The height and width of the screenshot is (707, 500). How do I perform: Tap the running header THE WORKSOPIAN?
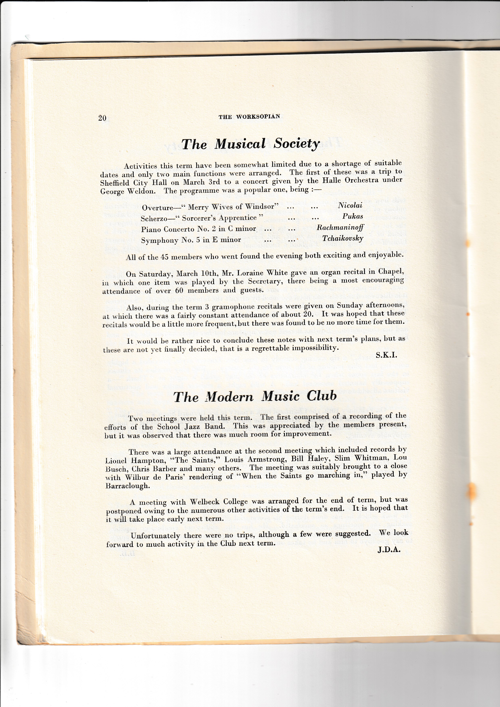coord(249,117)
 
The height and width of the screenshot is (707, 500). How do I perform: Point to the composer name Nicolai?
coord(350,205)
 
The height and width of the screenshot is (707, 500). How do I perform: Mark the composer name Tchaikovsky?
coord(343,238)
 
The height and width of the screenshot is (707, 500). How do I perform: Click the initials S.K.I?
coord(386,355)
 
